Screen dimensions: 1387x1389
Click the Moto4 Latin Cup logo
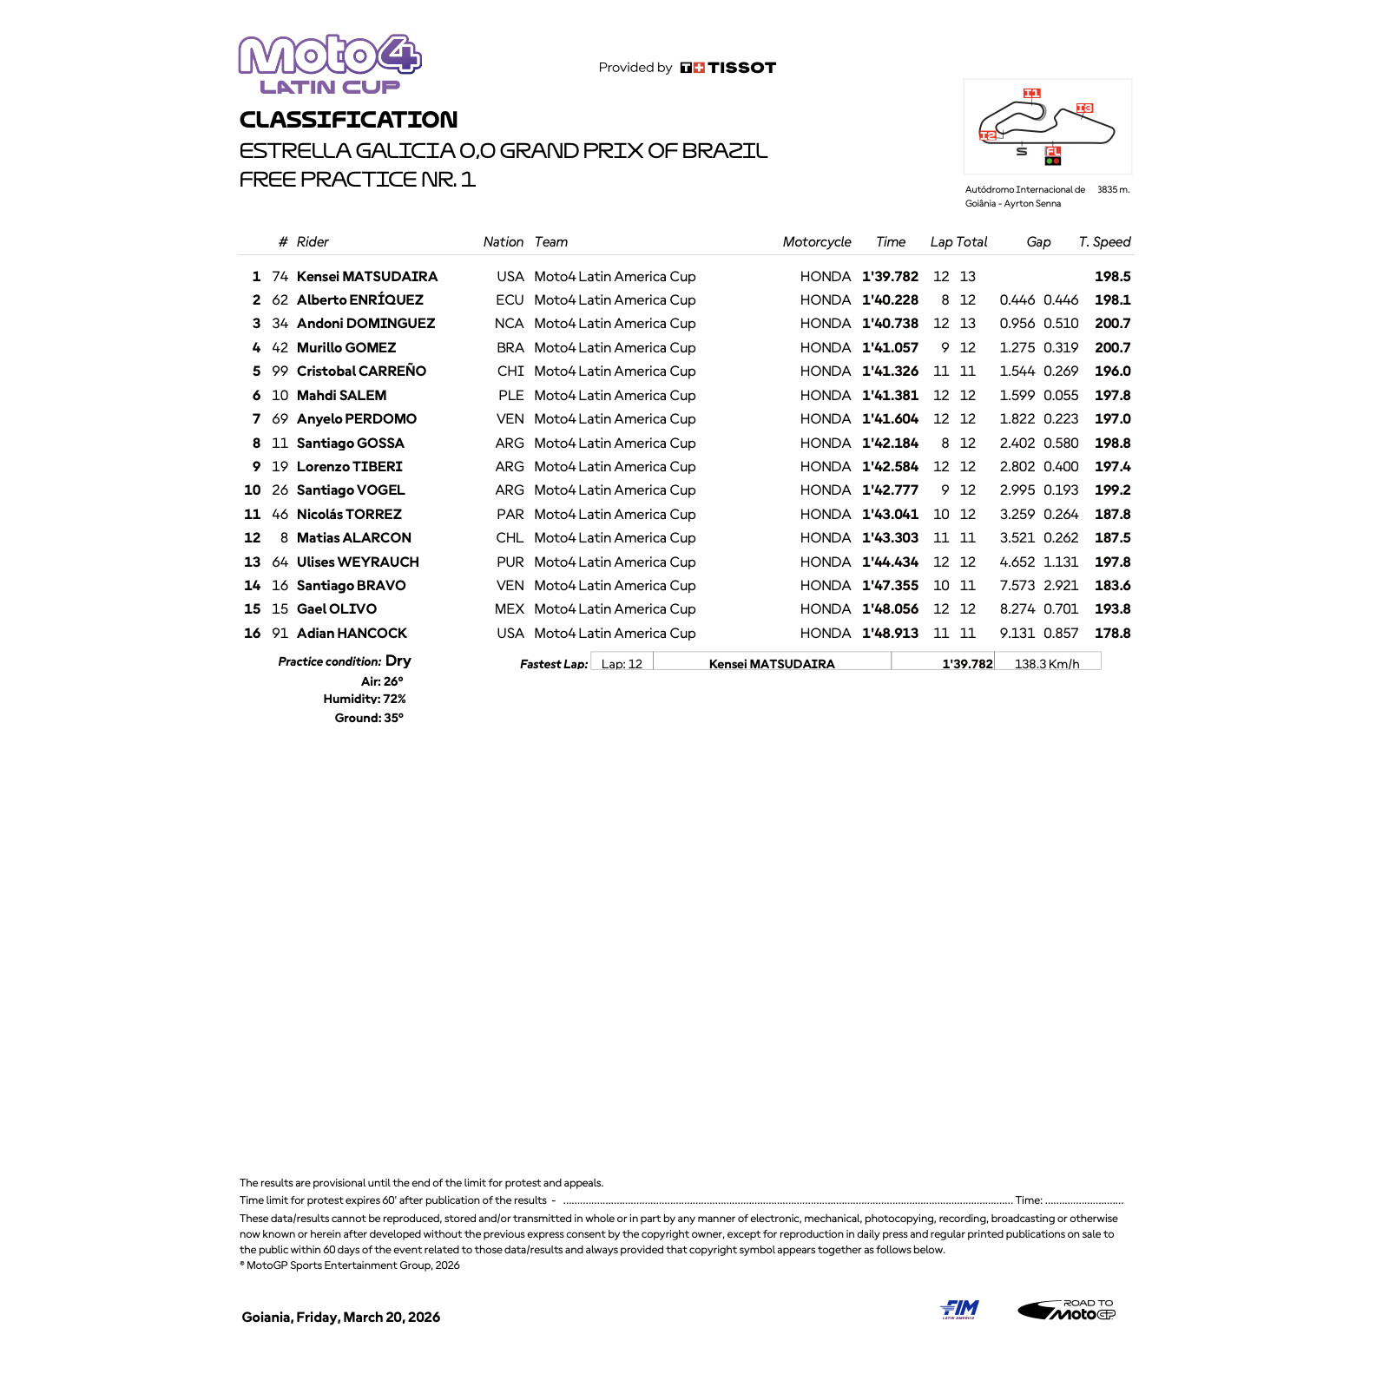click(x=330, y=64)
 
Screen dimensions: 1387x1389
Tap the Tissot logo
click(x=728, y=68)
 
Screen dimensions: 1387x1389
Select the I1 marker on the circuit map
click(x=1031, y=93)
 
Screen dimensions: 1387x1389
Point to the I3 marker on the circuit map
click(x=1084, y=108)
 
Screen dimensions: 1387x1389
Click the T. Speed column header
click(x=1104, y=242)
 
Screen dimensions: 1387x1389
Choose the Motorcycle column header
click(x=816, y=242)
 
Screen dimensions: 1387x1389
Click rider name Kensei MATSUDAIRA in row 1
click(x=366, y=277)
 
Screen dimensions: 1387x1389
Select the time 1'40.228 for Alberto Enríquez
click(x=890, y=300)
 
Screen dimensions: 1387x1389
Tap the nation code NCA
click(x=509, y=324)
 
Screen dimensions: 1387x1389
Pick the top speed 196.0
click(x=1112, y=371)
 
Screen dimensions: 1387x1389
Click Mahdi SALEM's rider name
click(x=341, y=396)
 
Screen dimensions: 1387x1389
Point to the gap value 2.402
click(x=1017, y=444)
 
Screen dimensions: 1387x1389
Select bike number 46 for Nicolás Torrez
click(x=280, y=515)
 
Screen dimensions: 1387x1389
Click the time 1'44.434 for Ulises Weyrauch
click(x=890, y=562)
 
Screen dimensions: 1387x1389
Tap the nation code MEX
click(x=509, y=609)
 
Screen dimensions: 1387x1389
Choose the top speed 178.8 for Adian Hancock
click(x=1112, y=634)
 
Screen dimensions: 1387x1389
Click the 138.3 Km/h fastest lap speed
click(x=1046, y=664)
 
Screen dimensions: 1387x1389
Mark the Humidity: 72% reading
click(x=365, y=699)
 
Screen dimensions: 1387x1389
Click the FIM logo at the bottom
click(x=959, y=1309)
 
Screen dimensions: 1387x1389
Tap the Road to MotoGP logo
click(x=1067, y=1310)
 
